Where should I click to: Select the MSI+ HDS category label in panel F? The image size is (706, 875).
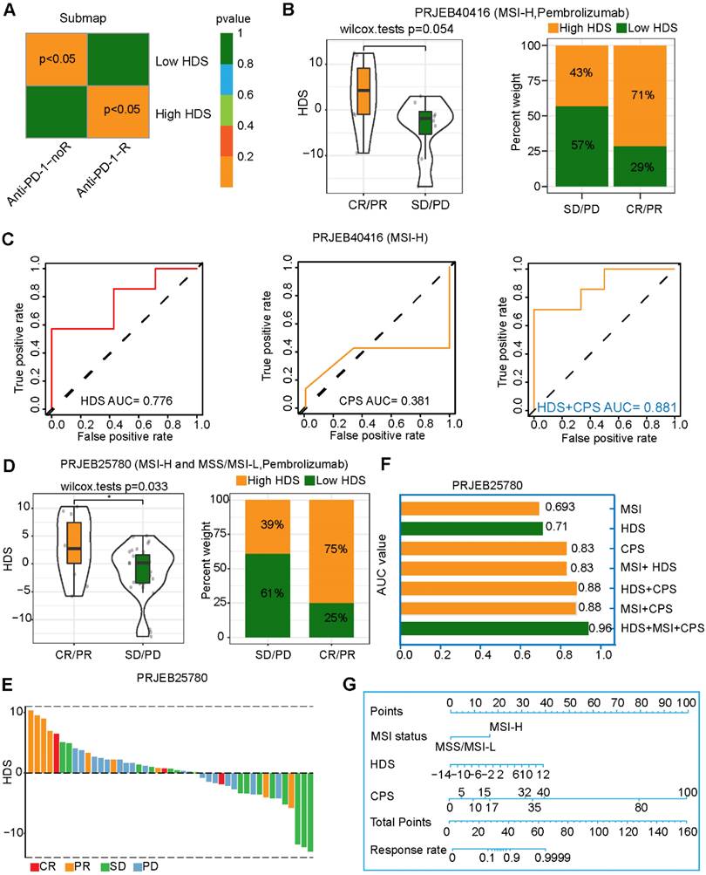(649, 568)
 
